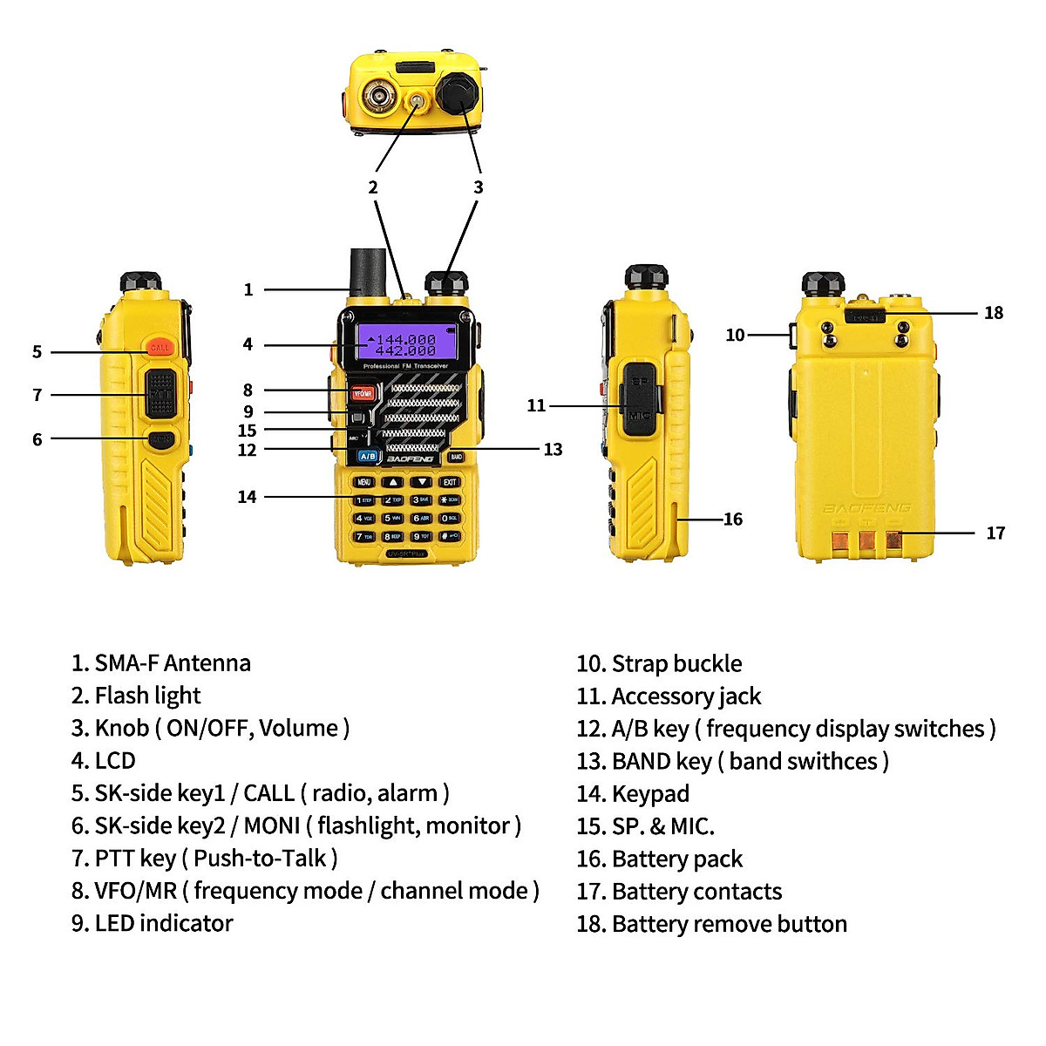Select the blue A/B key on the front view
point(368,456)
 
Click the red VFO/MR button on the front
point(362,394)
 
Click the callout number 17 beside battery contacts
point(995,533)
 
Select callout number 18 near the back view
point(994,313)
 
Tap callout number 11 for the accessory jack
point(536,405)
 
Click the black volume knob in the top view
point(458,91)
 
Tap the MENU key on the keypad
point(364,482)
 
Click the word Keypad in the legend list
point(650,794)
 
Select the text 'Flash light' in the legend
point(147,696)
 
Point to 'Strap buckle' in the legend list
point(676,664)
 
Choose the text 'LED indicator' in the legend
point(163,923)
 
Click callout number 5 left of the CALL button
point(37,352)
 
